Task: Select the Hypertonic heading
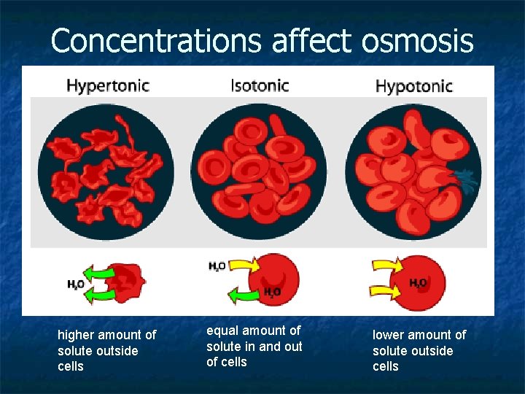pos(108,85)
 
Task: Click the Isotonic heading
pos(260,85)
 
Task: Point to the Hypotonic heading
pos(413,86)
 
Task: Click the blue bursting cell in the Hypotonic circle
pos(465,178)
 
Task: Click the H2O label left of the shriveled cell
pos(74,285)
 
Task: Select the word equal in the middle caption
pos(222,331)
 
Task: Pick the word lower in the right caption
pos(389,335)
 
